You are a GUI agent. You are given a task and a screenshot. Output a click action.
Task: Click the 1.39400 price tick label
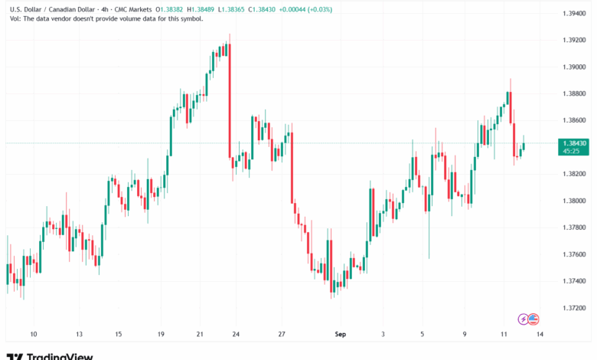(573, 14)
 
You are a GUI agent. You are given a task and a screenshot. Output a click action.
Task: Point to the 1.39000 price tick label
(573, 67)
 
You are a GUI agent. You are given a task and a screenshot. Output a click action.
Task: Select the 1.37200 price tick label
(573, 307)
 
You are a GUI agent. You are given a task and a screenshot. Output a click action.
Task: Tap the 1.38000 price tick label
(573, 201)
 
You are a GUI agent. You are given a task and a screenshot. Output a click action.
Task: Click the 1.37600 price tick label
(573, 254)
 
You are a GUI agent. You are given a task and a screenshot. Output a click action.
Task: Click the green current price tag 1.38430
(573, 143)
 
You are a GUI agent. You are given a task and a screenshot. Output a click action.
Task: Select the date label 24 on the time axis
(236, 334)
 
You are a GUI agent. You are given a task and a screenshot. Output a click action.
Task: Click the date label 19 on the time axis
(161, 334)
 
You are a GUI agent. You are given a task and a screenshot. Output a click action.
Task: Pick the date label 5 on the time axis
(422, 334)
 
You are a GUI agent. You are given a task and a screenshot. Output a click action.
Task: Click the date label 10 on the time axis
(33, 334)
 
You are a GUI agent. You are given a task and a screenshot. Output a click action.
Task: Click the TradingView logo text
(60, 355)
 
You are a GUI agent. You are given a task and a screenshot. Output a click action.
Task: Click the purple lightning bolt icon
(524, 318)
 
